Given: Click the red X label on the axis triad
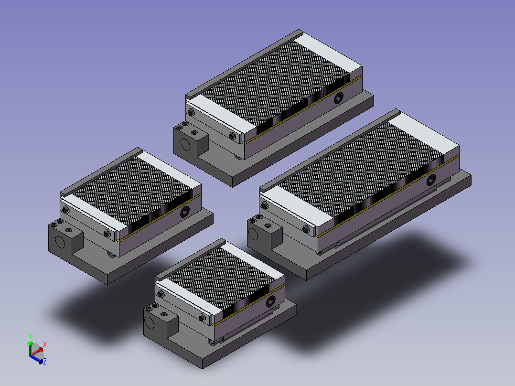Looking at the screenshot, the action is point(45,344).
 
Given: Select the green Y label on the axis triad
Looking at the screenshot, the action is point(30,336).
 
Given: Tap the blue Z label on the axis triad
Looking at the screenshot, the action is point(45,361).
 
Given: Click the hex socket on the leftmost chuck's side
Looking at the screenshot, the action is point(185,212).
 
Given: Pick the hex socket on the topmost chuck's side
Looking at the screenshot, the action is point(338,98).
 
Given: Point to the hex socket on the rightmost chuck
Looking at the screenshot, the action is point(431,180).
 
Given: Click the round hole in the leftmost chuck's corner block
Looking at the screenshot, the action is point(60,242).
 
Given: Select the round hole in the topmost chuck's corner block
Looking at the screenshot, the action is point(185,144).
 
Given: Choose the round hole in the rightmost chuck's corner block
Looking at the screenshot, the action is point(253,234).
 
